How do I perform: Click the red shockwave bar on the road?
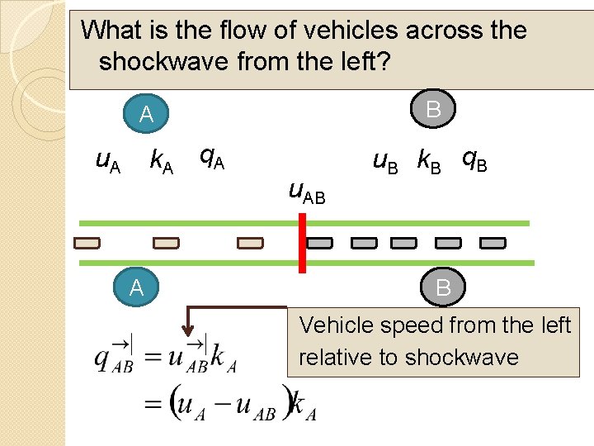coord(302,242)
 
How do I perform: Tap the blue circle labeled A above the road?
coord(146,115)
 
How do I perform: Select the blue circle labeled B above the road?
coord(433,109)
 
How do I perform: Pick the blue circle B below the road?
coord(443,287)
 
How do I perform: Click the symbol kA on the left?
coord(161,161)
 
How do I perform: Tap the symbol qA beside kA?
coord(212,157)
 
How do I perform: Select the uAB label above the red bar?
coord(306,193)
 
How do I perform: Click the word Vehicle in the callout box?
coord(336,325)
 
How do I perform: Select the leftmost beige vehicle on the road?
coord(86,243)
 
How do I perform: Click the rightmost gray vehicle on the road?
coord(493,243)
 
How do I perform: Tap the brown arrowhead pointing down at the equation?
coord(189,324)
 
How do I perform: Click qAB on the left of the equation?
coord(114,357)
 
